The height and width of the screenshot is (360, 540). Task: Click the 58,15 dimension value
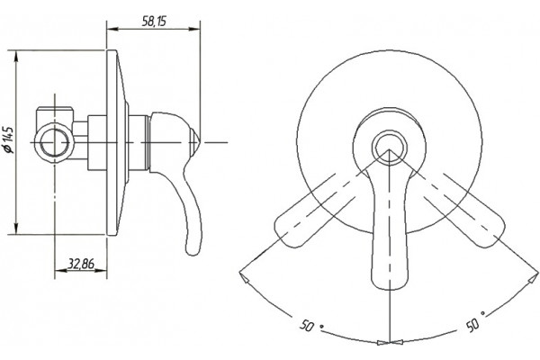coord(154,21)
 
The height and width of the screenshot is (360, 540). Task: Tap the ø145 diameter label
coord(9,139)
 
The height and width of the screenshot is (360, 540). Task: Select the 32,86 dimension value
coord(81,264)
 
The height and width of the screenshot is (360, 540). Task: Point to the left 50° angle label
coord(308,325)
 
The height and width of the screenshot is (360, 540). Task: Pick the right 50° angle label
coord(475,322)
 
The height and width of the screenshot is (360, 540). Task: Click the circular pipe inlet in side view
coord(55,142)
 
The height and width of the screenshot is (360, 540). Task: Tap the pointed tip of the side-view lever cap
coord(200,142)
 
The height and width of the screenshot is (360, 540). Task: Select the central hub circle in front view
coord(389,148)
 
